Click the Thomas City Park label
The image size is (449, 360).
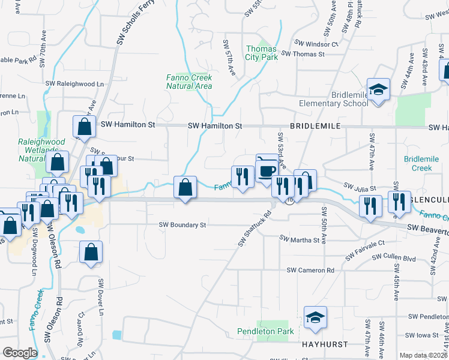261,53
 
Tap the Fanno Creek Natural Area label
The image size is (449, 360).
189,82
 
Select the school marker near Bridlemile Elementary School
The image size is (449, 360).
379,90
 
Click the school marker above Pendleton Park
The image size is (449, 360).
315,318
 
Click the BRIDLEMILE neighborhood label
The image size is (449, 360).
316,126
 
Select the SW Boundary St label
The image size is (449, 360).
182,225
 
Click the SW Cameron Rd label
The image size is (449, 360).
310,271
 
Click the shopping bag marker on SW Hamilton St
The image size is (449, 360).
84,127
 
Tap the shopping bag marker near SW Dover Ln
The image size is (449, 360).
91,253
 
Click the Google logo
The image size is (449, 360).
20,352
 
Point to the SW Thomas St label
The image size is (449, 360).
303,54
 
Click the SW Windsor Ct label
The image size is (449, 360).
316,44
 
